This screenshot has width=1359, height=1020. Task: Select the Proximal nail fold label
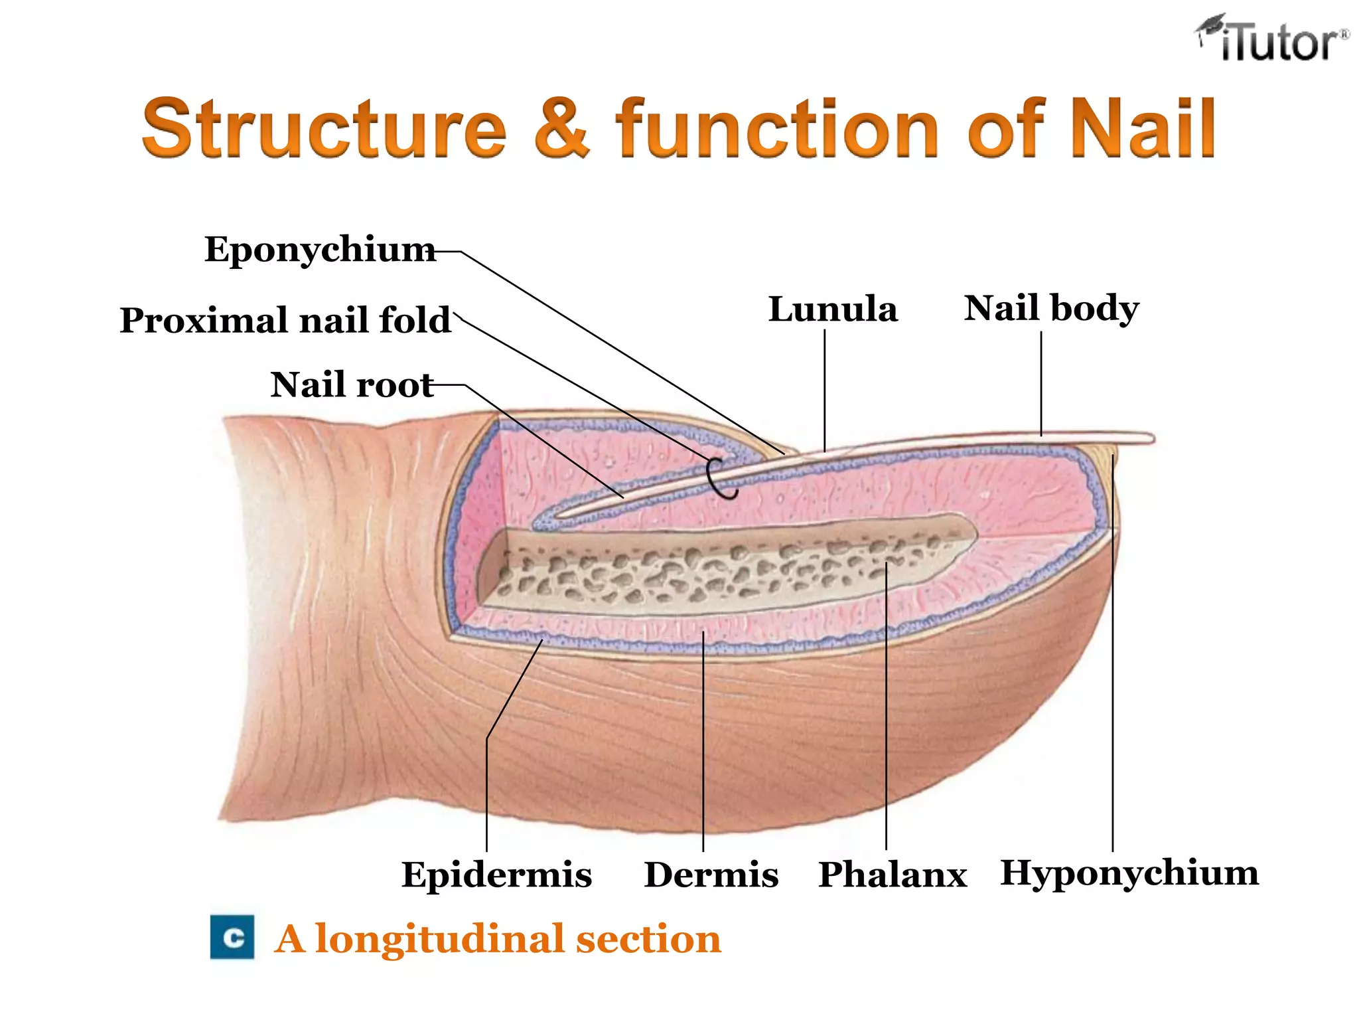285,320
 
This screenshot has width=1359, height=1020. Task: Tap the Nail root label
352,384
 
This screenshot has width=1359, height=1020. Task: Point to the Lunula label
833,309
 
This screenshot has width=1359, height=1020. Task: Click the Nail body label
1052,309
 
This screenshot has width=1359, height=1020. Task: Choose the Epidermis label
496,874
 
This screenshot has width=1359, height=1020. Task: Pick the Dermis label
711,874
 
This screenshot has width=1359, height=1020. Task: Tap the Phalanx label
893,874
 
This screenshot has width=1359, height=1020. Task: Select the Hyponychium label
1129,874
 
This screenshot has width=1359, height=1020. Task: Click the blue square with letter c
232,937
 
